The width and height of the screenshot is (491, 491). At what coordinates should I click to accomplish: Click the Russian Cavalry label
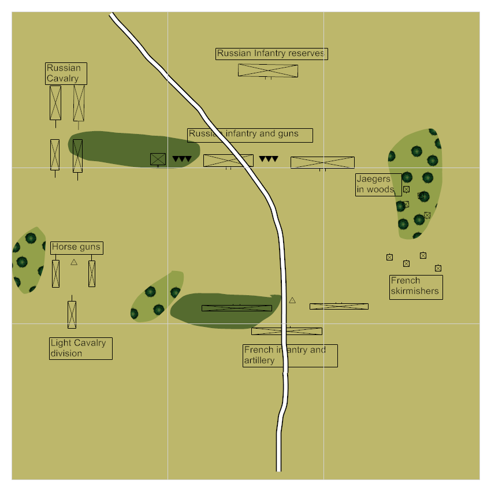tap(66, 73)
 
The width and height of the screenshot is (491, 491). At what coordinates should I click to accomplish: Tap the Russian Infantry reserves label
tap(271, 54)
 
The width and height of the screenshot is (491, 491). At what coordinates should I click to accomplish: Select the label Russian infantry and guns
tap(250, 135)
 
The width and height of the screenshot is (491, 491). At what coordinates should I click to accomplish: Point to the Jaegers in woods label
tap(378, 184)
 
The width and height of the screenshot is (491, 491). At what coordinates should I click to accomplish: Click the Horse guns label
tap(77, 247)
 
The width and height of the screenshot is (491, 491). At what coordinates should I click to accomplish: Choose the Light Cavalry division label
tap(80, 348)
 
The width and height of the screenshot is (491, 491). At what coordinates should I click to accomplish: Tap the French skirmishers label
tap(415, 287)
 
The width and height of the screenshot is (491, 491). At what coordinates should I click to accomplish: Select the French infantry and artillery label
tap(289, 355)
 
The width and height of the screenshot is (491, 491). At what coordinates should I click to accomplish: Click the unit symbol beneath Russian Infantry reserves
tap(268, 70)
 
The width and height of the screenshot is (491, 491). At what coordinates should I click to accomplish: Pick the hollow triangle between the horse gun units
tap(74, 262)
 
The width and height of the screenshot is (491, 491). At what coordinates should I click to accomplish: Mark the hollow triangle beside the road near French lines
tap(292, 300)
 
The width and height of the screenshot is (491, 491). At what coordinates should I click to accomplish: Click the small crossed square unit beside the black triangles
tap(158, 159)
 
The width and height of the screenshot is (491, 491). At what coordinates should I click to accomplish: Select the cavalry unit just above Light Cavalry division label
tap(72, 314)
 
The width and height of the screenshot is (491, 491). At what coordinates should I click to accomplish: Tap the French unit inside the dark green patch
tap(236, 308)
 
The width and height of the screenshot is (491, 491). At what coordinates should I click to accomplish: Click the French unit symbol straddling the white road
tap(287, 331)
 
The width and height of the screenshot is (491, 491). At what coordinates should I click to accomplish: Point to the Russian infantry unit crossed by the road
tap(228, 160)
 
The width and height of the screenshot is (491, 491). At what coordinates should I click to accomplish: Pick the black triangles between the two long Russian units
tap(269, 159)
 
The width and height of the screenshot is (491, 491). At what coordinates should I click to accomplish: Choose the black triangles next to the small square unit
tap(181, 159)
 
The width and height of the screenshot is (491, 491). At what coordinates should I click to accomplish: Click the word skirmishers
tap(415, 291)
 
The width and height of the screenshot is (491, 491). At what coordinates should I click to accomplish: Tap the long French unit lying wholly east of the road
tap(339, 306)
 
